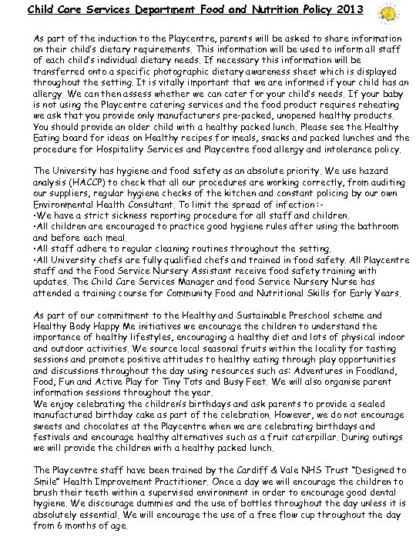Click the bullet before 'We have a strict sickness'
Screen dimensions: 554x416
point(35,218)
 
